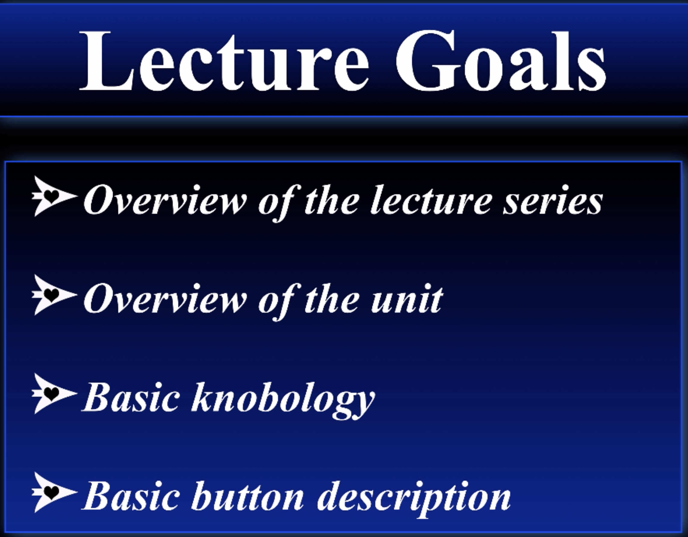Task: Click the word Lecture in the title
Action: click(x=224, y=60)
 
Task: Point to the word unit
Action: click(x=407, y=299)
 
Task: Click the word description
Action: click(x=414, y=499)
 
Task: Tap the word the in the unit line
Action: click(x=331, y=298)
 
